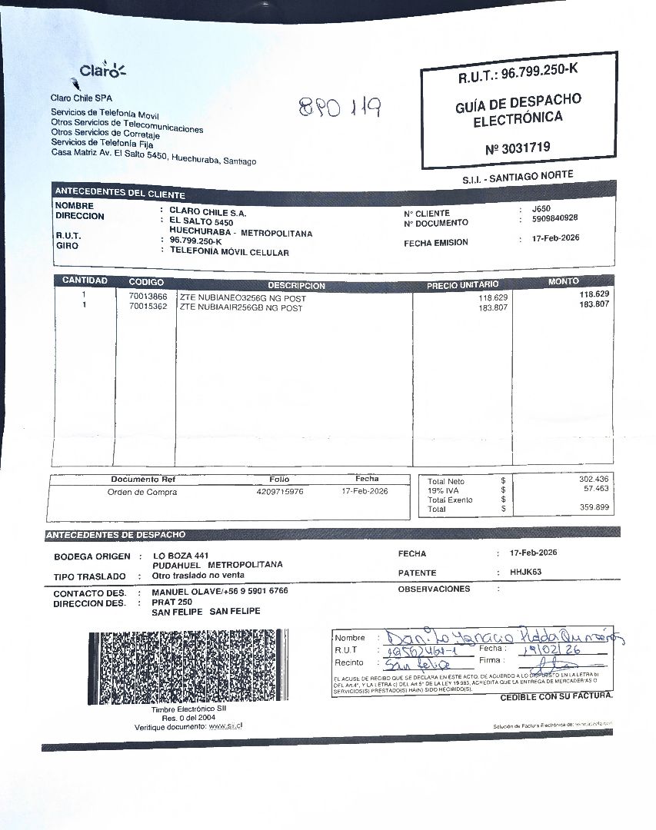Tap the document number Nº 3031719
(x=518, y=148)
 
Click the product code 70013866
(x=148, y=296)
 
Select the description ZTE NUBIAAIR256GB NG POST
(x=241, y=307)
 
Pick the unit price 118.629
(x=493, y=297)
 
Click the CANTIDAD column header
(x=85, y=281)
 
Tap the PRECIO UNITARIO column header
(x=462, y=285)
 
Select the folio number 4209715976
(x=280, y=491)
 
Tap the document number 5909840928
(x=554, y=217)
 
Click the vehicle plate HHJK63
(x=525, y=572)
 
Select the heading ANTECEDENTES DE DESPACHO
(x=115, y=534)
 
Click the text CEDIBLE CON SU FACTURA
(x=556, y=697)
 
